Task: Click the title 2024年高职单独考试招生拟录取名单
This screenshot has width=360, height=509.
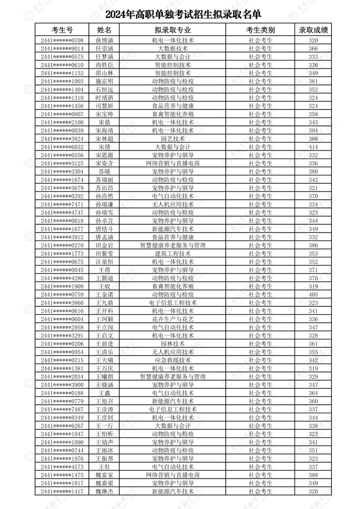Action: click(x=183, y=15)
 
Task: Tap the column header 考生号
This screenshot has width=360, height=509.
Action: click(x=62, y=30)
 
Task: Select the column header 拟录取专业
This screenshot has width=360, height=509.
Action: click(x=173, y=30)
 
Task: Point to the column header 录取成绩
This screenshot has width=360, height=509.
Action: click(x=313, y=30)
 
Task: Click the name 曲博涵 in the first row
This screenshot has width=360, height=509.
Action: click(x=104, y=40)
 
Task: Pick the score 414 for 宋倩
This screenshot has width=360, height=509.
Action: click(x=313, y=147)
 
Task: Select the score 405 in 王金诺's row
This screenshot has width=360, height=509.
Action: click(x=313, y=295)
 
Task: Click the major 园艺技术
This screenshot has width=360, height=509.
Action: click(x=173, y=139)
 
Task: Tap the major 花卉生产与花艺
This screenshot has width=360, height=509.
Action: click(x=173, y=319)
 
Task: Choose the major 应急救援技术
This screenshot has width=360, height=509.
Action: click(x=173, y=360)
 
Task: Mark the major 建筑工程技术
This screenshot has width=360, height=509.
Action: click(x=173, y=253)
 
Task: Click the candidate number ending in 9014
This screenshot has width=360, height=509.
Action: click(x=62, y=48)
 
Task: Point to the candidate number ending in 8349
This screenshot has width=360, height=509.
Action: click(x=62, y=418)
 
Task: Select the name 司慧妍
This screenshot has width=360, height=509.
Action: click(x=104, y=106)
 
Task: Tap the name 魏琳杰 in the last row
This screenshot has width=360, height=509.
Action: click(x=104, y=491)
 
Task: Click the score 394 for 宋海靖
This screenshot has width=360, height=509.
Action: click(x=313, y=130)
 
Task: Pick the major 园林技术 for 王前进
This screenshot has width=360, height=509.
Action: click(x=173, y=344)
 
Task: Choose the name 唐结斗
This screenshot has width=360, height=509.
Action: click(x=104, y=229)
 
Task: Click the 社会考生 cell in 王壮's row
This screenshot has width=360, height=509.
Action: click(x=260, y=467)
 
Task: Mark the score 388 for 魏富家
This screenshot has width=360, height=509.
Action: click(x=313, y=475)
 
